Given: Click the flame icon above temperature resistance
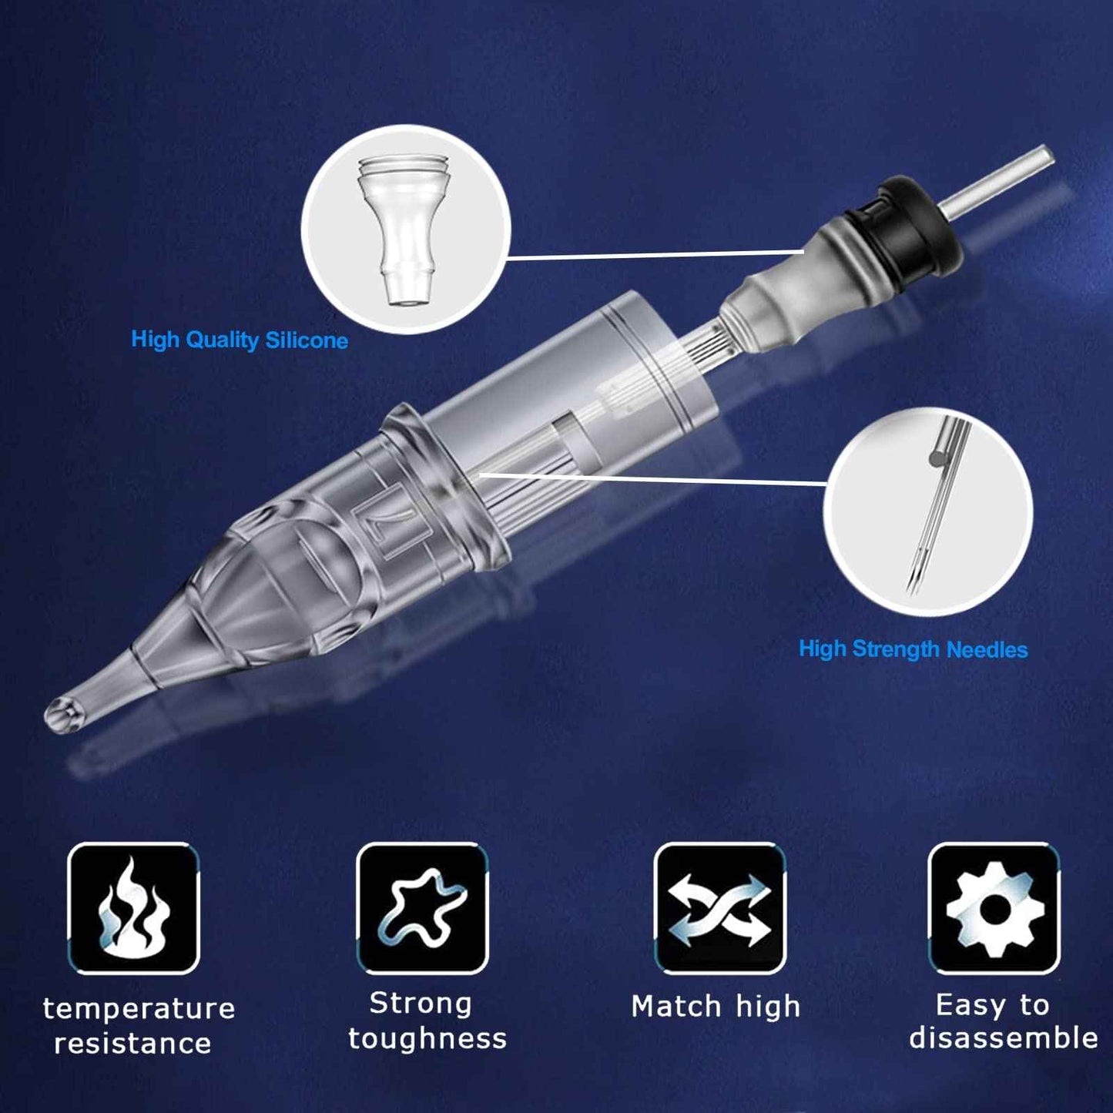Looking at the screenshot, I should tap(134, 909).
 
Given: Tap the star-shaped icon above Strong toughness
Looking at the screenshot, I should tap(422, 909).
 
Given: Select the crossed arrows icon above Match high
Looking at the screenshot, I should tap(719, 909).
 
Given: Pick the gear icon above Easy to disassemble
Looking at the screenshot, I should tap(994, 909).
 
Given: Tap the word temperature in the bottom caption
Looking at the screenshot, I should tap(139, 1008).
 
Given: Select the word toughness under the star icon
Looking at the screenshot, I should tap(427, 1038).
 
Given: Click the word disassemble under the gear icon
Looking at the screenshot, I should tap(1004, 1038).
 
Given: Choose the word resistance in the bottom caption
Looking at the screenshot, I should tap(132, 1044).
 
